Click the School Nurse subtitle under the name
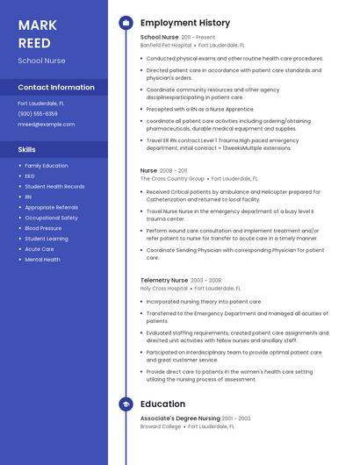pos(41,61)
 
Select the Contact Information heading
pos(56,88)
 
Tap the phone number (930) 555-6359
pos(38,113)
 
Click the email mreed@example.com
pos(47,125)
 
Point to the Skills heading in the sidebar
pos(26,149)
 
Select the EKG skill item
pos(30,175)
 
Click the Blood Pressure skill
pos(43,228)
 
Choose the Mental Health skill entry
pos(42,260)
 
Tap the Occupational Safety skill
pos(51,218)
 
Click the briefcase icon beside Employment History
pos(126,23)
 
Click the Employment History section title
pos(184,23)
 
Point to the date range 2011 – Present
pos(198,38)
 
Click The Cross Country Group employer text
pos(172,178)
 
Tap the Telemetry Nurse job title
pos(164,280)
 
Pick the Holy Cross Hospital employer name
pos(164,288)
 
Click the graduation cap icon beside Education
pos(126,404)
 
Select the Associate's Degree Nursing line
pos(180,418)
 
